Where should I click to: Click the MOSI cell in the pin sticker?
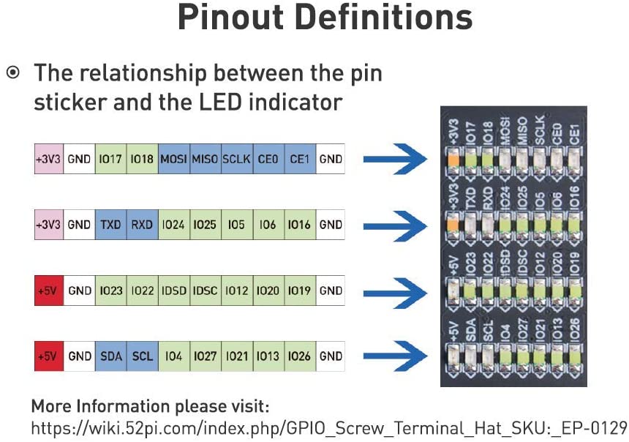173,159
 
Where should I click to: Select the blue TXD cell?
110,225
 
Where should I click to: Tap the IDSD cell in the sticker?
174,291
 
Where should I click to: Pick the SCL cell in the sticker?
143,356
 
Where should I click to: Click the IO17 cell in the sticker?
110,159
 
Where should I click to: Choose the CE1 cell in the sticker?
300,159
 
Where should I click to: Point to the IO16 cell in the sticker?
300,225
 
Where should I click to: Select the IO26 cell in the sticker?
300,356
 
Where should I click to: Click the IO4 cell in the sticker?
174,356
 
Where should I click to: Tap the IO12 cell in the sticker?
237,291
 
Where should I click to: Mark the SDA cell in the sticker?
111,356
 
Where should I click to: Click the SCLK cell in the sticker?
237,159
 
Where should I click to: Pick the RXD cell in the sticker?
143,225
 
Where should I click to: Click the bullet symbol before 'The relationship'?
13,72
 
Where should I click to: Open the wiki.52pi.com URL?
329,428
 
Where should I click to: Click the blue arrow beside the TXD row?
395,226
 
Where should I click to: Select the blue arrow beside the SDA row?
395,356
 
